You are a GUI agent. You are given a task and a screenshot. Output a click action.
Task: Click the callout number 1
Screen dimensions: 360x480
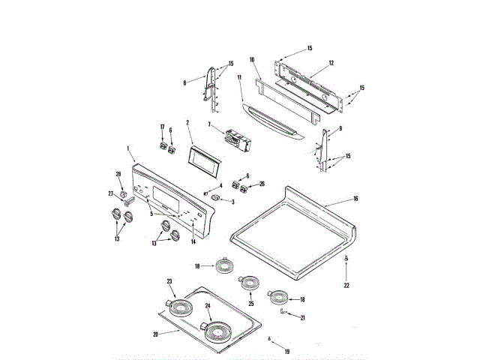click(128, 148)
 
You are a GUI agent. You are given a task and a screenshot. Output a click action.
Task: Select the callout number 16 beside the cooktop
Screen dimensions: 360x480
click(355, 199)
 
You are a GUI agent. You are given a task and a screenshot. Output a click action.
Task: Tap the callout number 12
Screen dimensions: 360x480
click(331, 63)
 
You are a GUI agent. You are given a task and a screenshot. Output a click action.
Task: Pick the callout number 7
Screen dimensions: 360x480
click(210, 124)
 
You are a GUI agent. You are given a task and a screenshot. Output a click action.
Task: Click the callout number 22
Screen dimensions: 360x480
click(346, 285)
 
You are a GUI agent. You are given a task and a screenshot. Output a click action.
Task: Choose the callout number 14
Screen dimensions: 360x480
click(193, 241)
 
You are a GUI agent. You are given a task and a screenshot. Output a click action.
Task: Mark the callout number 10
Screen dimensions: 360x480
click(252, 59)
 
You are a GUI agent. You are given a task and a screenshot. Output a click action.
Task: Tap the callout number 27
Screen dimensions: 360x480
click(110, 194)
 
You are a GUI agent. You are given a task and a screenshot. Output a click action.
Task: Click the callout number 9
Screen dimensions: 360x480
click(340, 129)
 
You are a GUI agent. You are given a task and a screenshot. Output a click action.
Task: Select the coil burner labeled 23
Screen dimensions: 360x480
click(180, 306)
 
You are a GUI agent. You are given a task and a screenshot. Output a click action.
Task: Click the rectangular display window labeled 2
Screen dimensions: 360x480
click(202, 159)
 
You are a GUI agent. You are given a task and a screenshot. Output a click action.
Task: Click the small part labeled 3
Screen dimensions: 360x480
click(218, 198)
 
